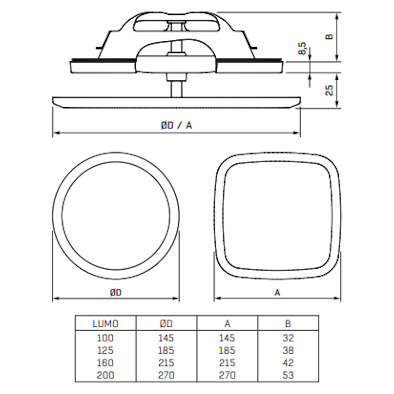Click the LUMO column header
[x=105, y=324]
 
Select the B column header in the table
[x=288, y=324]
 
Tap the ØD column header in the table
[x=166, y=324]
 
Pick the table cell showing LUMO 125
[x=105, y=350]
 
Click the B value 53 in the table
[x=288, y=375]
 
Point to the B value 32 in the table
[x=288, y=338]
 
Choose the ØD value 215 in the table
[x=166, y=363]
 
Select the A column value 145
[x=227, y=338]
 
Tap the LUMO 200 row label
[x=105, y=375]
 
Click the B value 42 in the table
[x=288, y=363]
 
